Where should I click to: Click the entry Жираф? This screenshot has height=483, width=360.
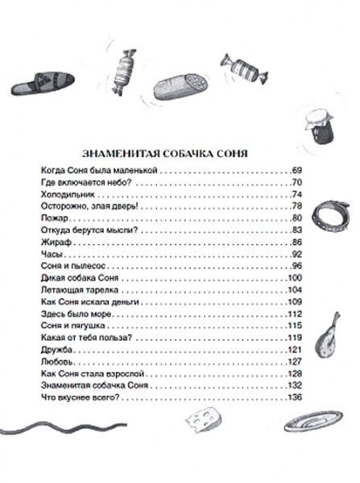52,241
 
